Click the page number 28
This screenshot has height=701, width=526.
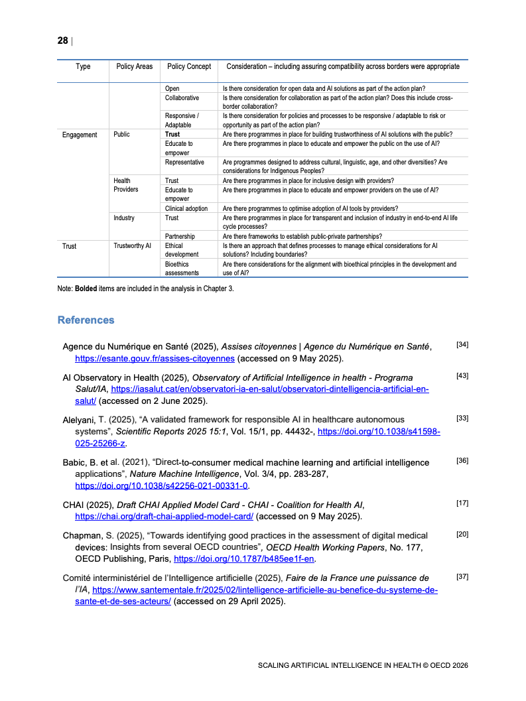(62, 40)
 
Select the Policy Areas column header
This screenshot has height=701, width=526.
(134, 66)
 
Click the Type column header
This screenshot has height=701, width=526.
(83, 66)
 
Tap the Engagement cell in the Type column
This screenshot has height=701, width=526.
(80, 135)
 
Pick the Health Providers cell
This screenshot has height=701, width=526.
(126, 185)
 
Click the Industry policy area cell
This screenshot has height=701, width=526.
(124, 218)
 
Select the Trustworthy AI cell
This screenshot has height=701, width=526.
(133, 246)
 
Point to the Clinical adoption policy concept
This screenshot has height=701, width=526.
(186, 208)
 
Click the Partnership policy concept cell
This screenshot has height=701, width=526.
(182, 236)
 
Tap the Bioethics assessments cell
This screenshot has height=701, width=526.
(182, 268)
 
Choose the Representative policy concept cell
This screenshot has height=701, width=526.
(184, 162)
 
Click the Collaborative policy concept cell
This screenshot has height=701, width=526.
(182, 97)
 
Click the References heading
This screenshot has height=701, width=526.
(86, 320)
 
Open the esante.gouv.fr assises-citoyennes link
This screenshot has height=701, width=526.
(155, 359)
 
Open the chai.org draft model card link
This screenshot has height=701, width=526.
(164, 516)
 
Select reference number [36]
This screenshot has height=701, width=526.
(462, 460)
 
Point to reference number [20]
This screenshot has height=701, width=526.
(462, 534)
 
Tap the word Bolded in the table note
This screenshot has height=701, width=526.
(86, 288)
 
